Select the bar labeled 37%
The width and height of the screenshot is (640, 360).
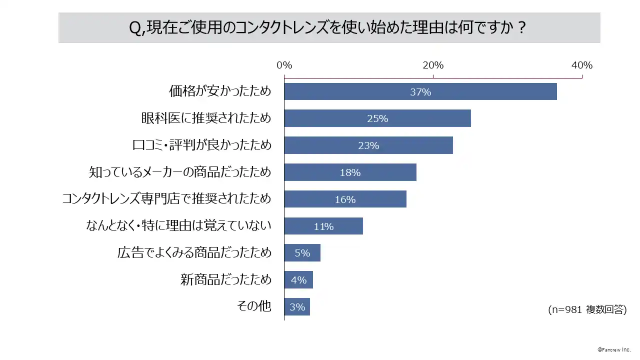tap(420, 92)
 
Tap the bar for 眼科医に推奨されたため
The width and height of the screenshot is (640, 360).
tap(377, 119)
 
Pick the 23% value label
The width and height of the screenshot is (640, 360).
tap(368, 146)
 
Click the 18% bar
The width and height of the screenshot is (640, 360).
tap(350, 172)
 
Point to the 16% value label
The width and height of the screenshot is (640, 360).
tap(345, 199)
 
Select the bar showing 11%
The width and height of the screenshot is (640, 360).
tap(323, 226)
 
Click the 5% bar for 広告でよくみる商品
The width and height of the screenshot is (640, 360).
tap(302, 253)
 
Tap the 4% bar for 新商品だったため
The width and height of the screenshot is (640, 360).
tap(298, 280)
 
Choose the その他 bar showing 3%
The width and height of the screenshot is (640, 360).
tap(297, 307)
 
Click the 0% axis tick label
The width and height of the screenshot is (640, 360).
tap(284, 65)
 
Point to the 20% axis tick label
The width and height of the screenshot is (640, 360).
tap(433, 65)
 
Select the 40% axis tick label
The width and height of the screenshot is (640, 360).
tap(582, 65)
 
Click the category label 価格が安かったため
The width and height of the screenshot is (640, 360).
tap(220, 91)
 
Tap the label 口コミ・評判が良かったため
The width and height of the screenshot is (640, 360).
tap(202, 145)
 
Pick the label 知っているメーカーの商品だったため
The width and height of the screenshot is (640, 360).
tap(180, 172)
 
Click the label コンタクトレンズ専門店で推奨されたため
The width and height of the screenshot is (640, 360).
tap(166, 199)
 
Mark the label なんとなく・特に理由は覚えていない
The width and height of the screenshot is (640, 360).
tap(178, 226)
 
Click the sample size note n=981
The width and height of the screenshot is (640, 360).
tap(587, 309)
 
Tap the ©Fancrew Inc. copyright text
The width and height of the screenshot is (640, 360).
tap(614, 349)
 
